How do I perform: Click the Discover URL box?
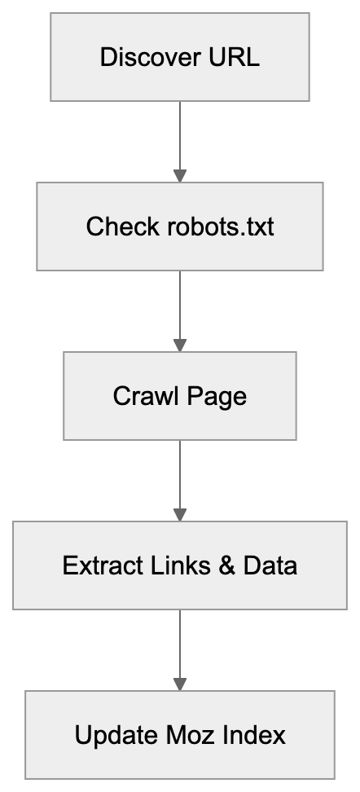click(179, 57)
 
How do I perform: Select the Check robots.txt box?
click(179, 226)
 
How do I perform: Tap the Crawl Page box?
click(179, 396)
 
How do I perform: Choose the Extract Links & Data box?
click(179, 565)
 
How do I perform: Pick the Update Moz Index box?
click(179, 735)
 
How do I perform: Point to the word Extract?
click(96, 565)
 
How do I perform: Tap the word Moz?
click(191, 735)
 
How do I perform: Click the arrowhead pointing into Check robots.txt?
click(180, 175)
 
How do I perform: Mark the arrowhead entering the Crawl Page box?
click(180, 345)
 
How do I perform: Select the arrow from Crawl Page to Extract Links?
click(180, 481)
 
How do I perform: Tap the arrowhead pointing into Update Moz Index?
click(180, 684)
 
